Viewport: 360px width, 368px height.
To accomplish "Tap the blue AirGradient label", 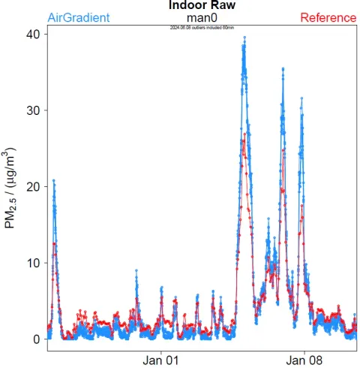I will click(78, 17).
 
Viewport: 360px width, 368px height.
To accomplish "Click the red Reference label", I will click(328, 17).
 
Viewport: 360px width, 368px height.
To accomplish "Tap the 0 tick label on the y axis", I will click(35, 339).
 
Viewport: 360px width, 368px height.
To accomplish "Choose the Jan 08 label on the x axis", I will click(306, 360).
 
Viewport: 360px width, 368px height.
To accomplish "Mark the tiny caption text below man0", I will click(204, 28).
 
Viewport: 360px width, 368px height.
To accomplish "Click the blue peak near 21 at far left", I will click(53, 180).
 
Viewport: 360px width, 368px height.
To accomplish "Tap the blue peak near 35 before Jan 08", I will click(283, 69).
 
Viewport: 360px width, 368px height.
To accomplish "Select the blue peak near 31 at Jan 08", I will click(301, 98).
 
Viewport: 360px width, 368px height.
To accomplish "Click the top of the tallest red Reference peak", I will click(244, 138).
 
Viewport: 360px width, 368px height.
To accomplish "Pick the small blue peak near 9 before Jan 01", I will click(136, 270).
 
